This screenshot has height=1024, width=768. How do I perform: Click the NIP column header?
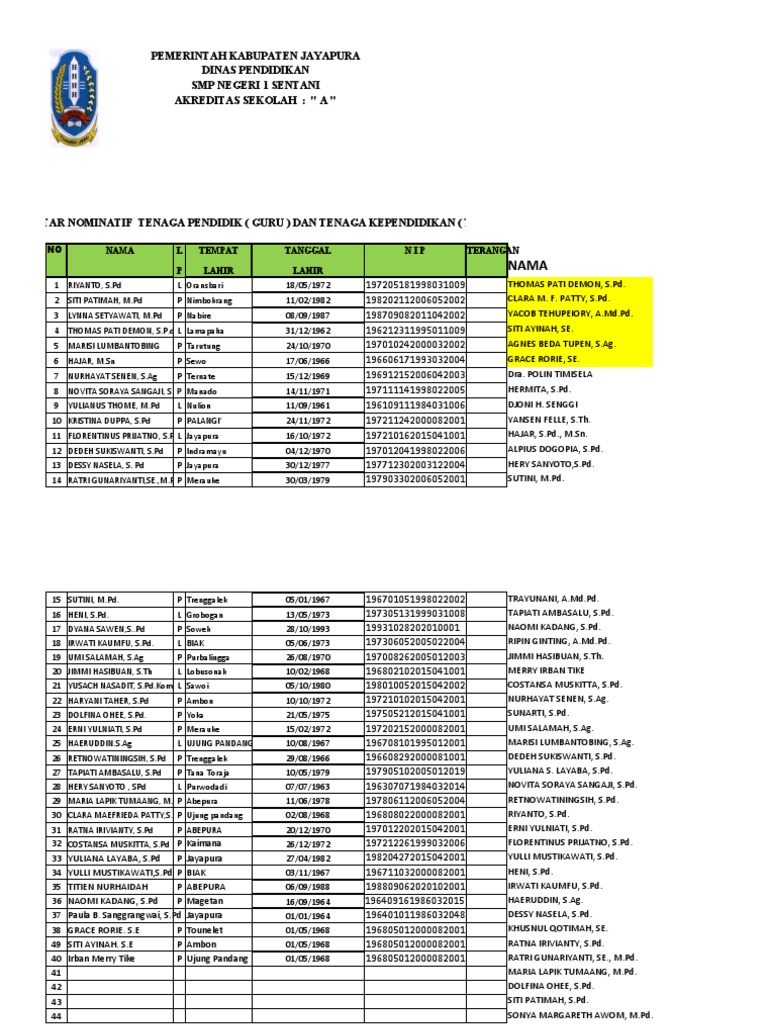tap(415, 251)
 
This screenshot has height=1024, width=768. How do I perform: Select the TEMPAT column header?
tap(218, 251)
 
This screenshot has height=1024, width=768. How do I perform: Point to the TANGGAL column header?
tap(307, 251)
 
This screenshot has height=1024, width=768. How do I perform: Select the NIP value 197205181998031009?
tap(415, 285)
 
